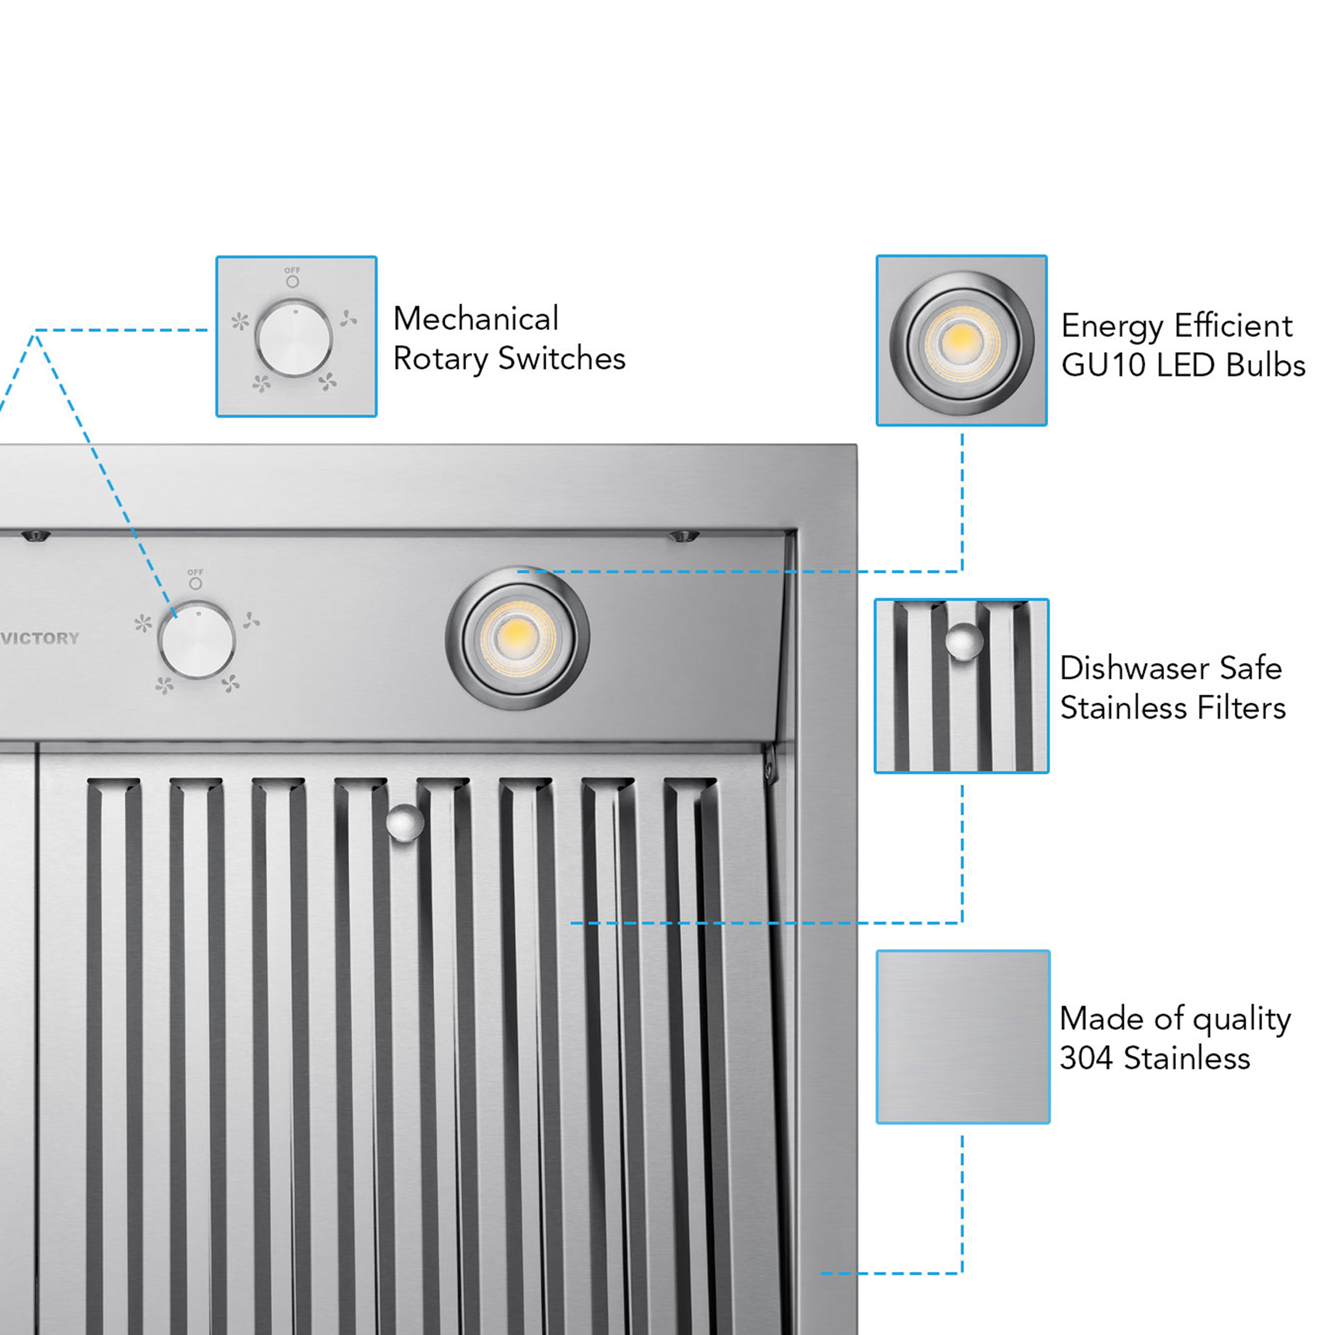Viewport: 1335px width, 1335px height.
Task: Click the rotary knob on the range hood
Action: [x=197, y=640]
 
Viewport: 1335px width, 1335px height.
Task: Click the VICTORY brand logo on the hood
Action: [x=40, y=638]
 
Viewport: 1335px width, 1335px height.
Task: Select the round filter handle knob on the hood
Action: [x=404, y=822]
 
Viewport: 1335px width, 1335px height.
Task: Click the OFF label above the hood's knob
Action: [x=195, y=572]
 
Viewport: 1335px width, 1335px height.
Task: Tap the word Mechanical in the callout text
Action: [x=475, y=319]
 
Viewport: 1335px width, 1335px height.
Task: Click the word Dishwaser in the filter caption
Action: [x=1133, y=668]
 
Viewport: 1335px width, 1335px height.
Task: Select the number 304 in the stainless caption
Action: [x=1086, y=1058]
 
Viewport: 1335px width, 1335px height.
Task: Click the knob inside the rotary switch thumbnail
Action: [x=294, y=338]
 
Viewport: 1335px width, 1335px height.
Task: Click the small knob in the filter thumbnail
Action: [x=963, y=641]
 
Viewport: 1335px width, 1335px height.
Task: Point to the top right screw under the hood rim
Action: [x=684, y=536]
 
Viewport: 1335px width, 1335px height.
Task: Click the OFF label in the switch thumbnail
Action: [x=292, y=270]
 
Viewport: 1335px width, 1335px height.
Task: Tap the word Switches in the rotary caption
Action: [x=561, y=359]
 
